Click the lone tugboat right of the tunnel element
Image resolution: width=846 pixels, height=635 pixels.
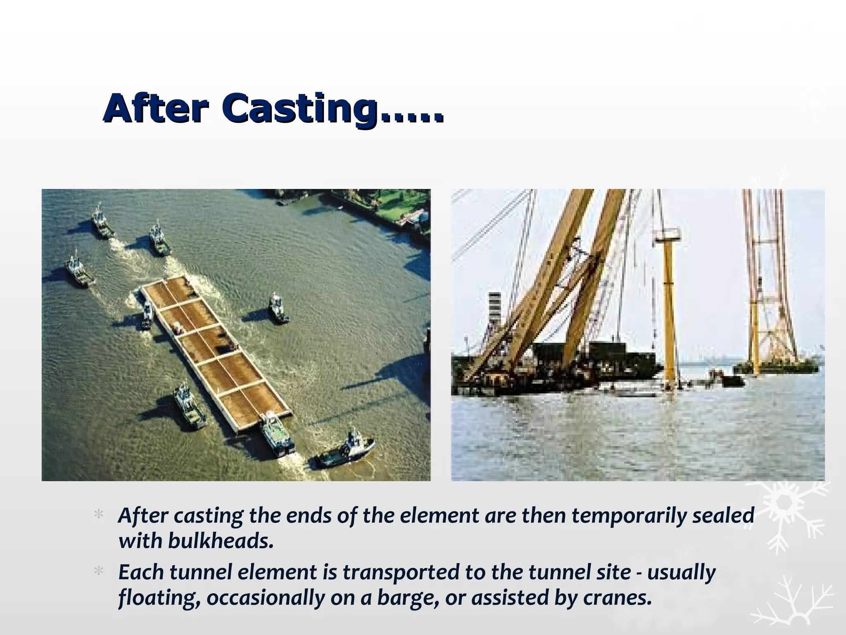point(278,308)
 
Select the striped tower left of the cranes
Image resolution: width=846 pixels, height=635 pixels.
point(494,314)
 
